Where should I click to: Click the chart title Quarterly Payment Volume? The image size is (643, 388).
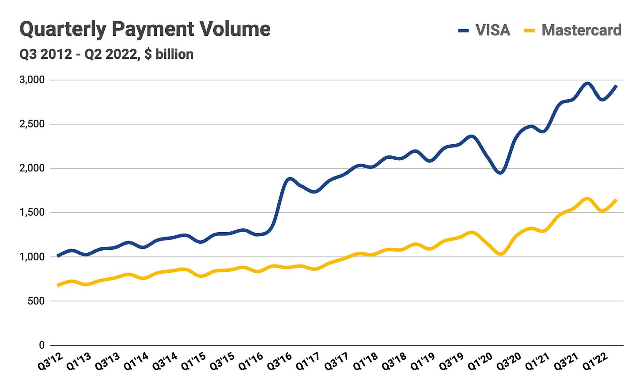point(145,30)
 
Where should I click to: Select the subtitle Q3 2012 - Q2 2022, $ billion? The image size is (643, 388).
point(106,54)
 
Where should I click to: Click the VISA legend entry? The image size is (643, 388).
point(492,30)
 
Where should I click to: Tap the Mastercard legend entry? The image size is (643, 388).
point(581,30)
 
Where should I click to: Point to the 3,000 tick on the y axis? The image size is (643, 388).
point(32,80)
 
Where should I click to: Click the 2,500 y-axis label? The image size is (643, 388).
point(32,124)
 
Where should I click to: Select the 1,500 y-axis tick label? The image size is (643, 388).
point(32,212)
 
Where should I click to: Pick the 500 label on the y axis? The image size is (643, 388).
point(37,301)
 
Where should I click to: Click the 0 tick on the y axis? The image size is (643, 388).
point(42,345)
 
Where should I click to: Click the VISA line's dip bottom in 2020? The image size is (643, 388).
point(500,173)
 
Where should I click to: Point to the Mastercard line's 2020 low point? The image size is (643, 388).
point(500,254)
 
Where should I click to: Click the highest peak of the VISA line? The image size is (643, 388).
point(587,83)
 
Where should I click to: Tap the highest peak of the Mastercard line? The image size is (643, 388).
point(587,199)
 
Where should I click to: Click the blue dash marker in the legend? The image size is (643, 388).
point(463,30)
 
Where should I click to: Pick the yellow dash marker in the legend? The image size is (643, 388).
point(529,30)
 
